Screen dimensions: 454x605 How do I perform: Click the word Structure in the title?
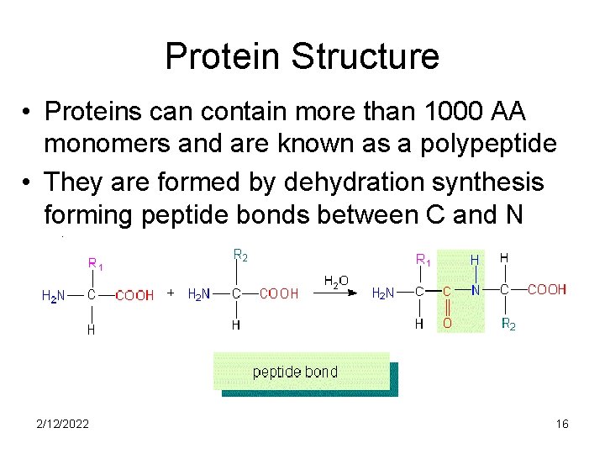365,56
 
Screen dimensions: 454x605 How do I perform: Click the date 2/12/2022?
64,424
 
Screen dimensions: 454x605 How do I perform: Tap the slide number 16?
562,424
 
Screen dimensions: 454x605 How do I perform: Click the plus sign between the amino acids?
171,293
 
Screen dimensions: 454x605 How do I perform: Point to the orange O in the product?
447,324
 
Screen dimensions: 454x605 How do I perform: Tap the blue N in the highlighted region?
475,291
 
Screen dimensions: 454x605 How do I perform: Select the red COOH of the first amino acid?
134,294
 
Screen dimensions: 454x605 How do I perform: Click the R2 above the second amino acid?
239,254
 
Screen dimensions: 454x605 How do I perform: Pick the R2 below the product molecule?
508,324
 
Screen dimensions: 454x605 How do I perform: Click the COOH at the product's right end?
546,290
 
